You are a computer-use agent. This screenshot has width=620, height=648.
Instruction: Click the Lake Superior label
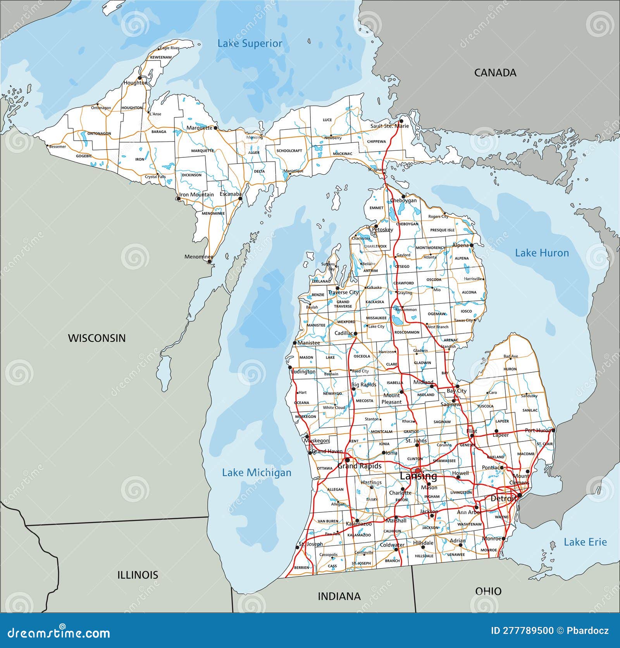coord(250,43)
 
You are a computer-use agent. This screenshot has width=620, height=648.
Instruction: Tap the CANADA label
coord(495,72)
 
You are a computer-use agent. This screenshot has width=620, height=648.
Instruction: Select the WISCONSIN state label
coord(97,338)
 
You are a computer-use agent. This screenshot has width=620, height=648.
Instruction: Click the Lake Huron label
coord(541,253)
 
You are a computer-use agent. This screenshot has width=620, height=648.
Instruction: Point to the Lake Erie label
coord(585,542)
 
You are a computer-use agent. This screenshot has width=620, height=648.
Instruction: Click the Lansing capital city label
coord(418,476)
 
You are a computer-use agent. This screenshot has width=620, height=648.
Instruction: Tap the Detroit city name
coord(503,498)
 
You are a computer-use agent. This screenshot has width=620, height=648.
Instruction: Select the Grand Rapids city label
coord(359,466)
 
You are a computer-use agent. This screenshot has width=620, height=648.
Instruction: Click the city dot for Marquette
coord(215,127)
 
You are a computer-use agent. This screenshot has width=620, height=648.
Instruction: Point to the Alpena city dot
coord(472,245)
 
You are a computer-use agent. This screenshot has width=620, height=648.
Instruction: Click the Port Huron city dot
coord(553,430)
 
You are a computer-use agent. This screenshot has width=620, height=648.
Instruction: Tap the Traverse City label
coord(343,293)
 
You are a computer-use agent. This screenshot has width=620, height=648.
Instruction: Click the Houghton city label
coord(135,83)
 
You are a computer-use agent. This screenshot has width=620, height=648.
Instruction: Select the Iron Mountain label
coord(196,195)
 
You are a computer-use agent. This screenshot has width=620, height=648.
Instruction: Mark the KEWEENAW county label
coord(161,57)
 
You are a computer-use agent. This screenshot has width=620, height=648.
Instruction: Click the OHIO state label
coord(488,591)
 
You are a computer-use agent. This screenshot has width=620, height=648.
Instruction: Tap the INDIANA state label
coord(339,596)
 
